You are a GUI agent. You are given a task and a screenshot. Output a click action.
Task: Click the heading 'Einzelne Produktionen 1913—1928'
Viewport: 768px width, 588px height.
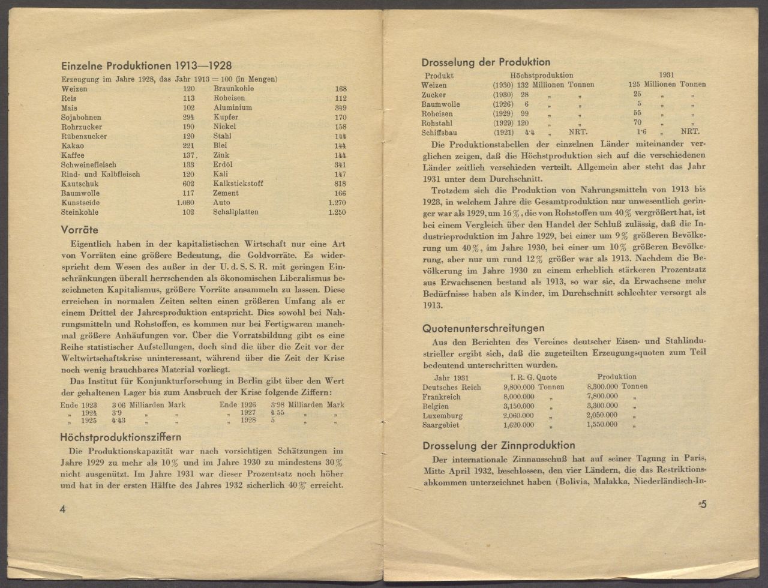146,66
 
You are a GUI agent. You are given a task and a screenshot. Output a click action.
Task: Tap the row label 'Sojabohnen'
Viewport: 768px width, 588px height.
81,117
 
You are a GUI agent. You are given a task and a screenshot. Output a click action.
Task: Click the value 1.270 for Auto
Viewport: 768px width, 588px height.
337,203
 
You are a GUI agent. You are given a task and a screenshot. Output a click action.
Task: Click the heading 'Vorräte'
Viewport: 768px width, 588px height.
80,230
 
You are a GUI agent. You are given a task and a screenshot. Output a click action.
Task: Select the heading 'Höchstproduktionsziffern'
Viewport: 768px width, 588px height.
121,437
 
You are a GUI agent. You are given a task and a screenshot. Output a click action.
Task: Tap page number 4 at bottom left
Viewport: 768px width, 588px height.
62,508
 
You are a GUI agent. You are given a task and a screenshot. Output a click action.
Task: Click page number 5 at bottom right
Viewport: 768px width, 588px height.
703,505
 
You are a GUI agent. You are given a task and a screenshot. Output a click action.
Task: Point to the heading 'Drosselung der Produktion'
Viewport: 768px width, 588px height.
485,62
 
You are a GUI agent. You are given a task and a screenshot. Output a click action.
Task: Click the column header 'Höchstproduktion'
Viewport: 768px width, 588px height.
541,76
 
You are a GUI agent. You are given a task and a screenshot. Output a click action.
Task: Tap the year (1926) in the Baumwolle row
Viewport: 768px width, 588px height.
503,104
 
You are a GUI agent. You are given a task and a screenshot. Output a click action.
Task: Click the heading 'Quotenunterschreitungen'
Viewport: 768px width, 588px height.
483,328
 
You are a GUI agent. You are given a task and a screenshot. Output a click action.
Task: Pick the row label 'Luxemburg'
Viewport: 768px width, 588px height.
442,415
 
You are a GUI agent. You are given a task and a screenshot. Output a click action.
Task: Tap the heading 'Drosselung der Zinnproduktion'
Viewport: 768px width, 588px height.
499,445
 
